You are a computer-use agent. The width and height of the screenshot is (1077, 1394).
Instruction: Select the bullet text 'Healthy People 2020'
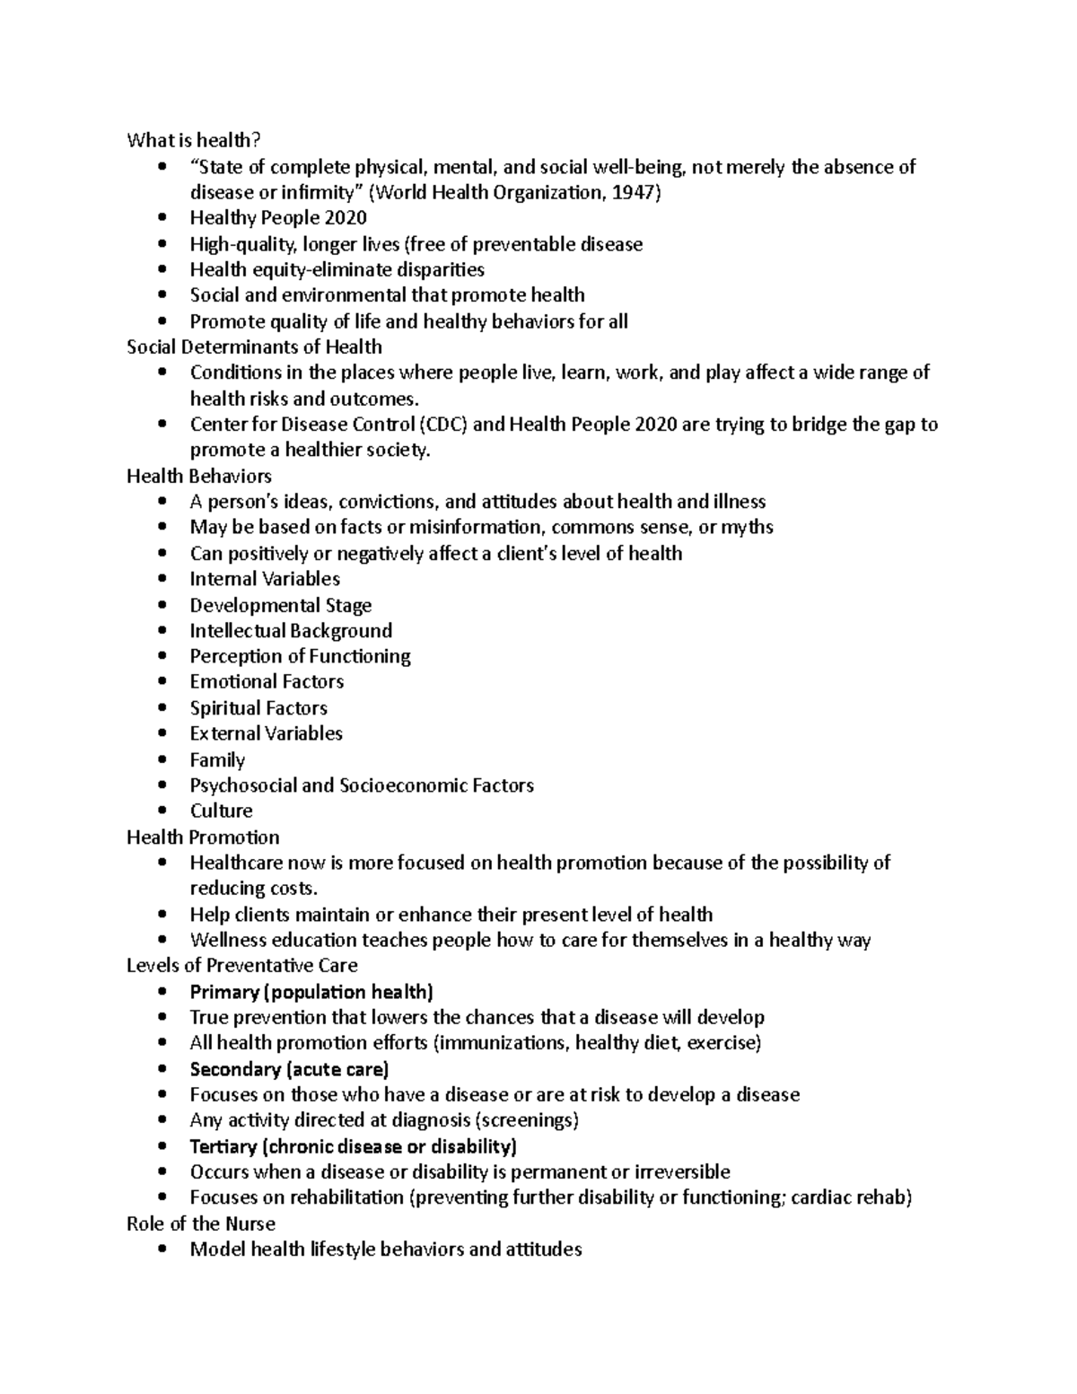278,218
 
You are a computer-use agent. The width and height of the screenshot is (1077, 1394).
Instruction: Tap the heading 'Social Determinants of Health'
255,346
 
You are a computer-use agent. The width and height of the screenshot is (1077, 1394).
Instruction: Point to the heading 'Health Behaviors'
199,476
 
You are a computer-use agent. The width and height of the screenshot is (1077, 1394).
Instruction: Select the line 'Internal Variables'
265,579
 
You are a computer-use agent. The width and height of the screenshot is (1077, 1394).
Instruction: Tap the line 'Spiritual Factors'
258,708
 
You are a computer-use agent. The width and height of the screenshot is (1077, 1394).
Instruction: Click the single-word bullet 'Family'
217,760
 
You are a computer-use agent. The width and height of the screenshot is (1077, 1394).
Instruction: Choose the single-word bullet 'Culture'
221,811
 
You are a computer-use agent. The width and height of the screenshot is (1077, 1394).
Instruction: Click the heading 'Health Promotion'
203,837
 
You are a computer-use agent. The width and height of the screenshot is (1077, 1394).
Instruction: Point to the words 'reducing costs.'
254,889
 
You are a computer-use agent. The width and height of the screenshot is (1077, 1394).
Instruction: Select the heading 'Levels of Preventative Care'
242,966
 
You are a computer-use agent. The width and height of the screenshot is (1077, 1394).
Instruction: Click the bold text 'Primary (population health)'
311,992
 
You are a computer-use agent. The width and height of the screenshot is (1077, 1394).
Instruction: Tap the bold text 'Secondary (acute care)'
289,1069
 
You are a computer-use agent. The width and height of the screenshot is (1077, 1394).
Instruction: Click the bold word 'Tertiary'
223,1146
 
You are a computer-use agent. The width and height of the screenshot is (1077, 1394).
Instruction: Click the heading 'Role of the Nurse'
201,1223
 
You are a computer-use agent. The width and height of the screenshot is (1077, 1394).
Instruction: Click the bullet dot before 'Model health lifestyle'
162,1249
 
